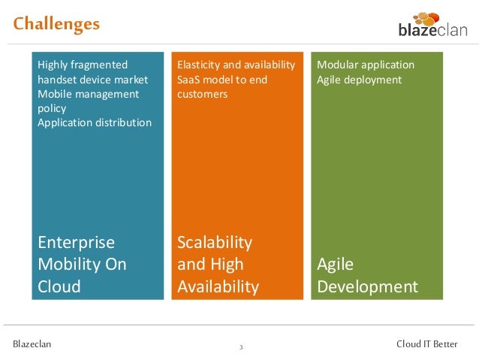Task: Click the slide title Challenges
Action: (x=56, y=24)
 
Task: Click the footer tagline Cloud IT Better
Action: (x=426, y=344)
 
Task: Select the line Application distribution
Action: (x=95, y=123)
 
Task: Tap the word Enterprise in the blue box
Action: (x=76, y=243)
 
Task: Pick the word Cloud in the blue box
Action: (x=59, y=286)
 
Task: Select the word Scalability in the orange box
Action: (x=215, y=243)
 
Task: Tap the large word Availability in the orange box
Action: (x=218, y=286)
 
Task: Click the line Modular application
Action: (x=366, y=65)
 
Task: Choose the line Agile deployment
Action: (x=359, y=79)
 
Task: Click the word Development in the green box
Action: (x=367, y=286)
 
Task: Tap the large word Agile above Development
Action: (x=335, y=265)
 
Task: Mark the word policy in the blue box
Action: (x=52, y=108)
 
